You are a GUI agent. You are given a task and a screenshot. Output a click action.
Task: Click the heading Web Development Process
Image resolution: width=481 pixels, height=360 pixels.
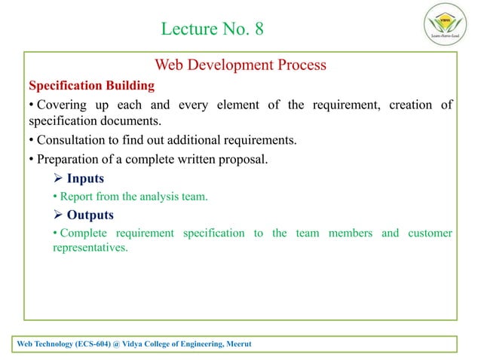240,65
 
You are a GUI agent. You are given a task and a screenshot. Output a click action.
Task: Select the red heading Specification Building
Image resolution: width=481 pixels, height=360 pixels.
91,85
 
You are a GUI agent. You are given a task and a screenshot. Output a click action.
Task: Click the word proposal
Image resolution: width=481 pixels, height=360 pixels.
243,159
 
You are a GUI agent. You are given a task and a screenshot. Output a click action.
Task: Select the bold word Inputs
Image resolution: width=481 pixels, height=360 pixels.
85,178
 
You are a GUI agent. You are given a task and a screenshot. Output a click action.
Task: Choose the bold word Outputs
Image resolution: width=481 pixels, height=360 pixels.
91,214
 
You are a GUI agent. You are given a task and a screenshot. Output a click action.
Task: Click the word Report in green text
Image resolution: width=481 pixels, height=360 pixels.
77,197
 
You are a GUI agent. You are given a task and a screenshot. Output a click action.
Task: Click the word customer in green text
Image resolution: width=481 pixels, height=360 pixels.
430,233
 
